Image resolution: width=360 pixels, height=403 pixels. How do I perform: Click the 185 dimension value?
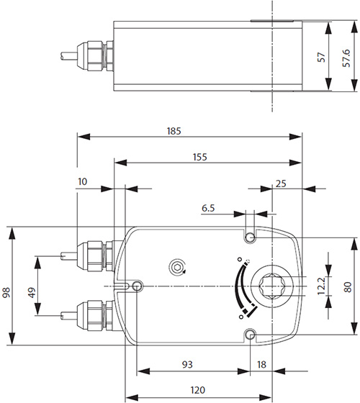pyautogui.click(x=173, y=131)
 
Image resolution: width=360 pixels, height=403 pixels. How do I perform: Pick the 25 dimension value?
pyautogui.click(x=282, y=184)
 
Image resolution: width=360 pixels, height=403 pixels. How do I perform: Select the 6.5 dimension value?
pyautogui.click(x=209, y=208)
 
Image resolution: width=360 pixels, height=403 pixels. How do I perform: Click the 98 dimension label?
pyautogui.click(x=7, y=293)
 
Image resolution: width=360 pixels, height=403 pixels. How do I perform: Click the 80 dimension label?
pyautogui.click(x=348, y=286)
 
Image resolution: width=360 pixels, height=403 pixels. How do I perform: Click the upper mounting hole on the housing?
pyautogui.click(x=250, y=238)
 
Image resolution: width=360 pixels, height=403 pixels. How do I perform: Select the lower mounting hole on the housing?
pyautogui.click(x=250, y=335)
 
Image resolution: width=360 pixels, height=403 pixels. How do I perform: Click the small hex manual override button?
pyautogui.click(x=177, y=268)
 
